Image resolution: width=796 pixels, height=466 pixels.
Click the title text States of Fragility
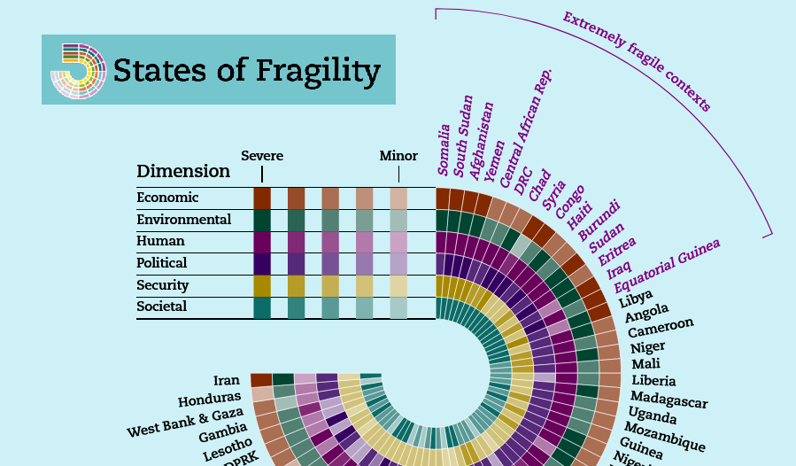click(x=247, y=70)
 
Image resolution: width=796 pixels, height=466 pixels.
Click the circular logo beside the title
click(x=78, y=70)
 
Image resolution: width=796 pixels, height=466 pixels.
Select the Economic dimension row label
click(x=167, y=198)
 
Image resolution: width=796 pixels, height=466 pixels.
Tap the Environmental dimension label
click(x=183, y=220)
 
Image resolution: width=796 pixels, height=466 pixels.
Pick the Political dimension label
click(x=161, y=263)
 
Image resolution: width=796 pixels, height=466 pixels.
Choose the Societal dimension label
click(x=161, y=307)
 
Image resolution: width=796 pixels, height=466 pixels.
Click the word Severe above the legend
click(x=262, y=156)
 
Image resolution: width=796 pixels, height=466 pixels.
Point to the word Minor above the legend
click(x=398, y=156)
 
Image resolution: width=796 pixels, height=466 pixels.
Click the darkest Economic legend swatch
click(x=262, y=198)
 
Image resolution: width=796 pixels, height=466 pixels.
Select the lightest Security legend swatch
click(x=398, y=285)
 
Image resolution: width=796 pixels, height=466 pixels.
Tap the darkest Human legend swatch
click(x=262, y=241)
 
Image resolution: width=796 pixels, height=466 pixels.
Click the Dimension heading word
click(x=183, y=171)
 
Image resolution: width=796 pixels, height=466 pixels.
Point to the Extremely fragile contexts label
click(x=637, y=61)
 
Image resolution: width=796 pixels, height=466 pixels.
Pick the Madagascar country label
click(x=668, y=400)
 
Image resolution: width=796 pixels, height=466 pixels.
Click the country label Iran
click(x=227, y=380)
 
